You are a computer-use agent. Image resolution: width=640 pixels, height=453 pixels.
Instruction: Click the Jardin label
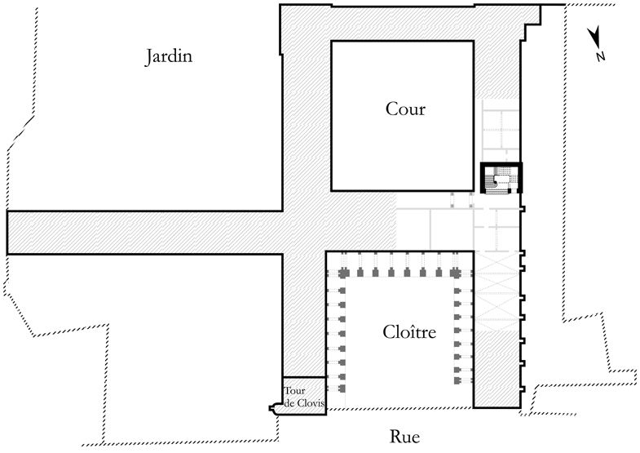point(169,57)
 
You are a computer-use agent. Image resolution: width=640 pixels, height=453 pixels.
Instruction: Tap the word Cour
point(405,109)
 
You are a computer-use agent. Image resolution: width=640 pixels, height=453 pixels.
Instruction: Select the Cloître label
point(409,331)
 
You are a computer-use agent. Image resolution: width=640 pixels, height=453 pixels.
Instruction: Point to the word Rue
point(404,437)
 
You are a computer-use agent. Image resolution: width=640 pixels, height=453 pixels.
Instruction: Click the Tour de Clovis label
point(304,397)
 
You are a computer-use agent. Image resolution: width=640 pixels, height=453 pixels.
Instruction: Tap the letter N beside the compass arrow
point(599,56)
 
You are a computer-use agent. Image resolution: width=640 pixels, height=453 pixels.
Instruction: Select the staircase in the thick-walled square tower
point(501,179)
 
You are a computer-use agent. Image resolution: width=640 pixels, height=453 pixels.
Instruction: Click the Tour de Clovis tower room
point(304,396)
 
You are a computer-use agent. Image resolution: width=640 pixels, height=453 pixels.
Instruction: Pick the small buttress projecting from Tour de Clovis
point(274,408)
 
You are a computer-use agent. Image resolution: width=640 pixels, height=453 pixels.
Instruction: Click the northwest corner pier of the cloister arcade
point(342,273)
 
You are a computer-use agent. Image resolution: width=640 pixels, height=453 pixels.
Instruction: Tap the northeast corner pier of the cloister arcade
point(455,273)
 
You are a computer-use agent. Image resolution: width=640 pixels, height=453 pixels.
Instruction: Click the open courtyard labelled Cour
point(403,116)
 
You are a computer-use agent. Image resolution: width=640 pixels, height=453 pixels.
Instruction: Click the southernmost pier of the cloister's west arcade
point(342,388)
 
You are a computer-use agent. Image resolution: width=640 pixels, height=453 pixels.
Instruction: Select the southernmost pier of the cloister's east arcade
point(457,381)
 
